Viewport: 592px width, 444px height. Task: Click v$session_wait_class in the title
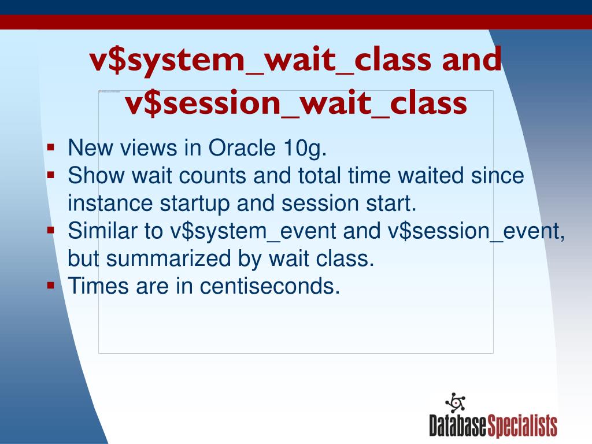pyautogui.click(x=296, y=103)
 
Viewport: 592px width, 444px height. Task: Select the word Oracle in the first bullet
pyautogui.click(x=242, y=147)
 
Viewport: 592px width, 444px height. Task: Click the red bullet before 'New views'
pyautogui.click(x=51, y=147)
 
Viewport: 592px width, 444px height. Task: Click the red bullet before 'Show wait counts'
pyautogui.click(x=51, y=175)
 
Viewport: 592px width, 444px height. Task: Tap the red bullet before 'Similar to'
pyautogui.click(x=51, y=230)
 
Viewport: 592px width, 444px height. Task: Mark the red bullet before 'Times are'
pyautogui.click(x=51, y=286)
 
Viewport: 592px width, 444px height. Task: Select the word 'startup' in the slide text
pyautogui.click(x=195, y=204)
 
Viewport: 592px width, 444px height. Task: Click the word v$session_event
pyautogui.click(x=476, y=231)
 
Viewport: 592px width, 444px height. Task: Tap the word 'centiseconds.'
pyautogui.click(x=269, y=286)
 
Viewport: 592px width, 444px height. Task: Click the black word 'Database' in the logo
pyautogui.click(x=458, y=425)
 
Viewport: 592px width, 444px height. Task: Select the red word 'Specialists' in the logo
pyautogui.click(x=522, y=426)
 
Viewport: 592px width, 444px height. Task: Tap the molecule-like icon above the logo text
pyautogui.click(x=456, y=403)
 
